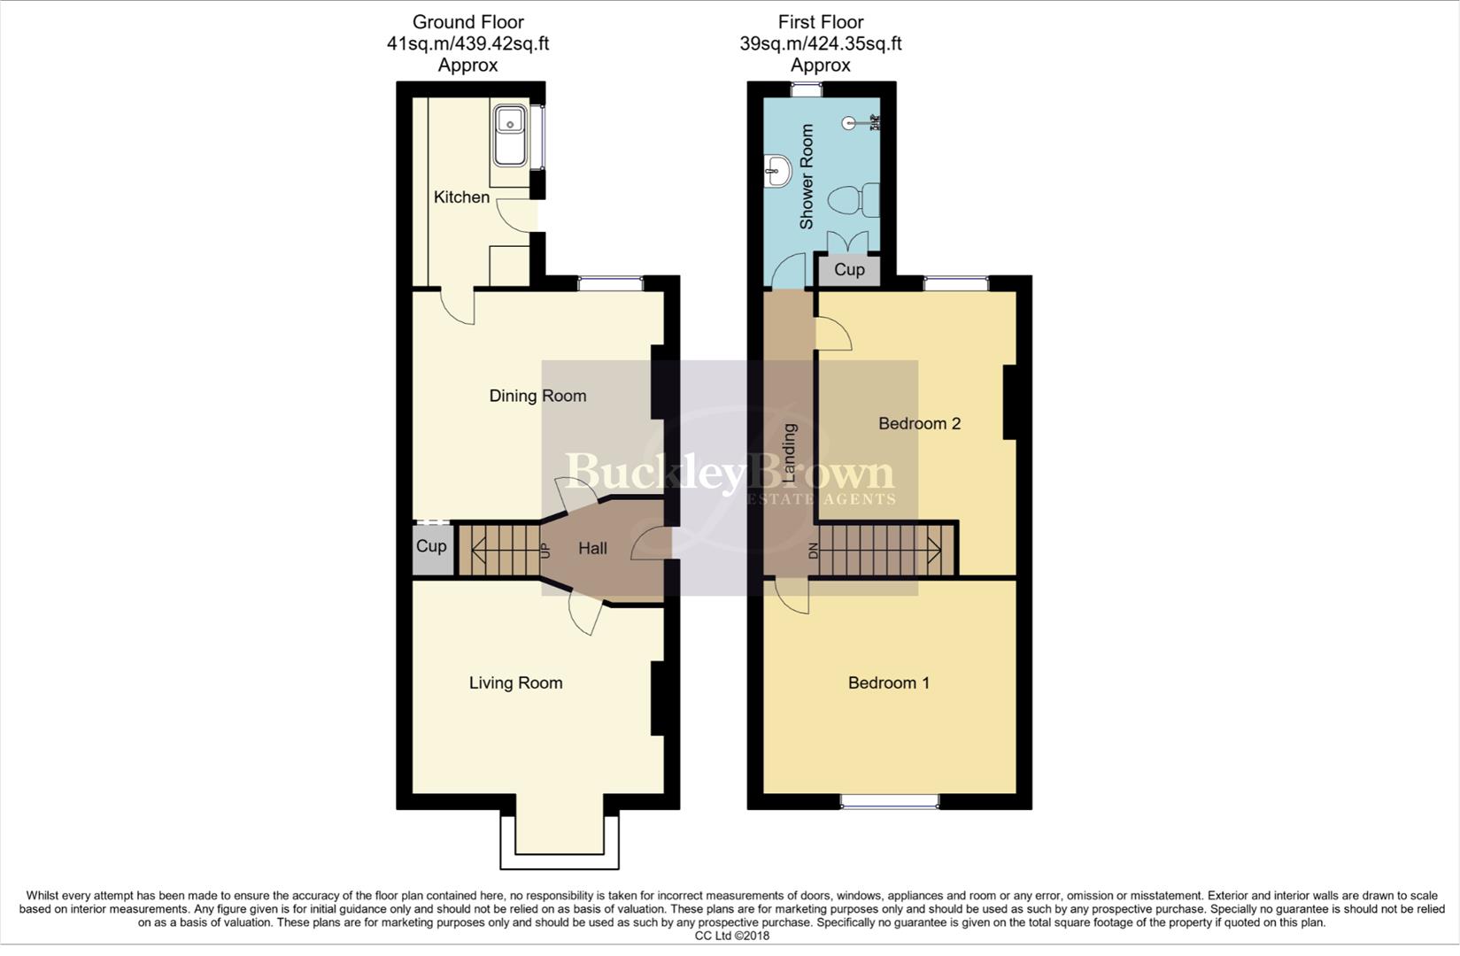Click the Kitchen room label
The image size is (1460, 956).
coord(461,197)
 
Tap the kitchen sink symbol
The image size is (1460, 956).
coord(510,135)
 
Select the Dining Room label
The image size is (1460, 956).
coord(537,396)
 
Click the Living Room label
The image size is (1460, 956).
coord(515,682)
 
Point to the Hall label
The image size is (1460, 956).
coord(592,549)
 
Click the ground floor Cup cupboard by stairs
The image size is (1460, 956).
coord(431,546)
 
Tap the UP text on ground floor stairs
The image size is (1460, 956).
coord(545,550)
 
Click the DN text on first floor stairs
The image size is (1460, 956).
coord(814,550)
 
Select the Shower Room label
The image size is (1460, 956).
coord(807,177)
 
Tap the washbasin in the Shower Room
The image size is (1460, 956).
coord(778,169)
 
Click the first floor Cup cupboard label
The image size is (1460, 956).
coord(849,270)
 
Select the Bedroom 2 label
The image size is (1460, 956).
coord(919,423)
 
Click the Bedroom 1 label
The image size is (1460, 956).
coord(889,682)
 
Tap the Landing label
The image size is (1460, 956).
coord(790,452)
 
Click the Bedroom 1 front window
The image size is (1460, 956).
coord(889,801)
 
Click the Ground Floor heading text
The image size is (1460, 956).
coord(467,22)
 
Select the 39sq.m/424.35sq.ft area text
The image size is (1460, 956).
coord(820,43)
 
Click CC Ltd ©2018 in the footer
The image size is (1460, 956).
coord(731,936)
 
